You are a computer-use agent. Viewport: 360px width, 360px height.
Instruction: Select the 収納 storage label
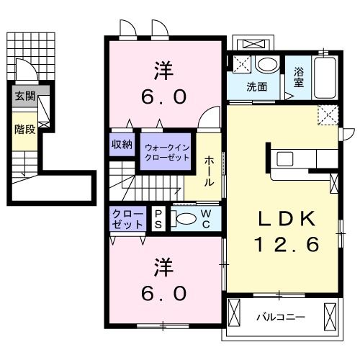point(122,144)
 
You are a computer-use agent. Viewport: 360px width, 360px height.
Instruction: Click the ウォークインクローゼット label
point(165,152)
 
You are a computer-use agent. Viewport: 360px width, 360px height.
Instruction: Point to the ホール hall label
point(209,172)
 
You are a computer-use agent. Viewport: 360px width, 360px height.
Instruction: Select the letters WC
point(205,219)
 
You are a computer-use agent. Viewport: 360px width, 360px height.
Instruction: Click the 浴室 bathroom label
point(299,77)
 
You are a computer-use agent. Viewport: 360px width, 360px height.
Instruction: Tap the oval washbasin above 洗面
point(266,66)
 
